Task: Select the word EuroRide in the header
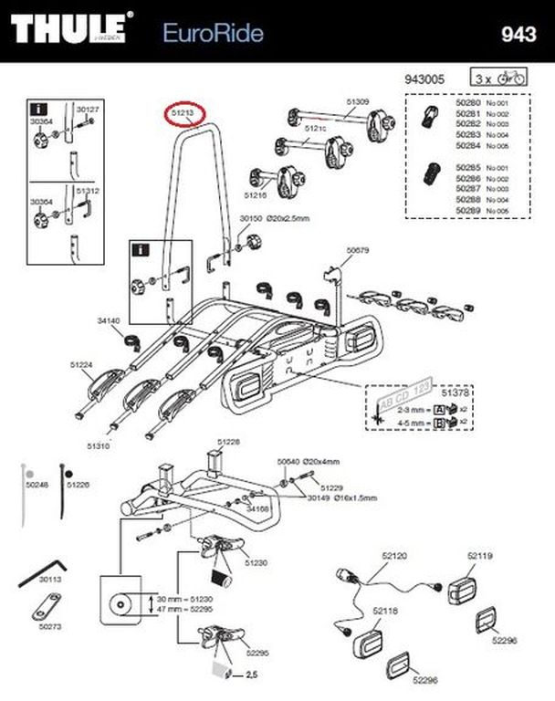(x=213, y=34)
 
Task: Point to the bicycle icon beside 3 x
(x=516, y=79)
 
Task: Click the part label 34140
(x=109, y=320)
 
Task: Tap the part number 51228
(x=228, y=441)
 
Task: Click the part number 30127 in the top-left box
(x=88, y=110)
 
